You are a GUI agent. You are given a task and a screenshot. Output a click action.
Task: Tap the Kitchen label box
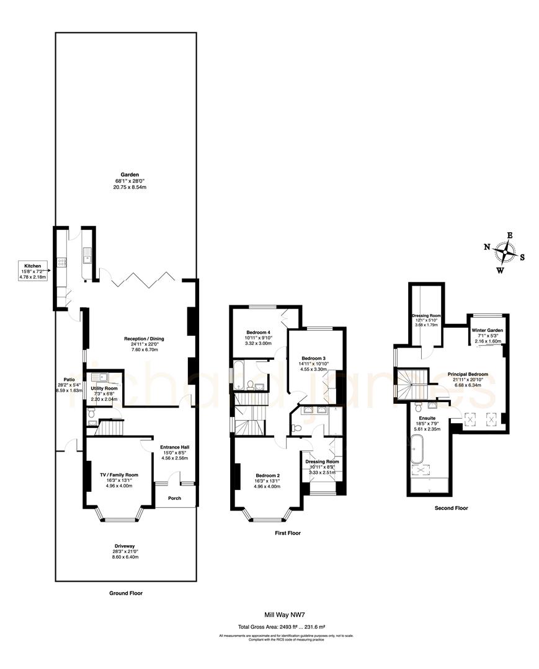click(x=33, y=271)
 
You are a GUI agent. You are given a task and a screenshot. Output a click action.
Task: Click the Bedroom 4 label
click(x=259, y=331)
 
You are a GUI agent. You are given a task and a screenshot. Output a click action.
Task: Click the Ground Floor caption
click(x=126, y=593)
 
